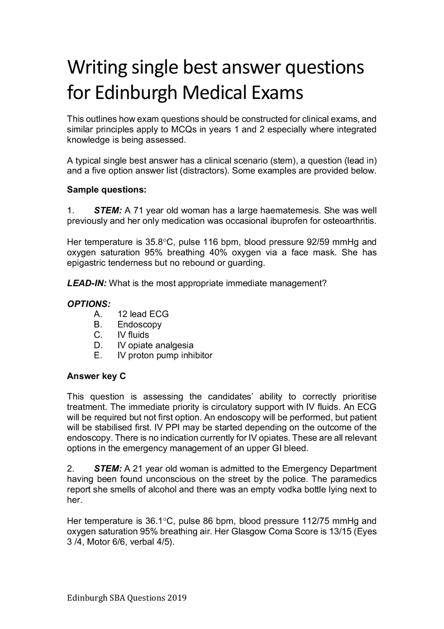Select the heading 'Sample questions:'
click(106, 190)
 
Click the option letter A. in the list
click(98, 314)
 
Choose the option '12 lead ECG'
click(143, 314)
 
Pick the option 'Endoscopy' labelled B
click(139, 324)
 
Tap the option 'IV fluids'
click(133, 335)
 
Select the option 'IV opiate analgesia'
click(155, 345)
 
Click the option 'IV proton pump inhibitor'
click(165, 355)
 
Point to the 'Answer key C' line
click(96, 376)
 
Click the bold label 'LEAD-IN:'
click(87, 283)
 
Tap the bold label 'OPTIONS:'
click(89, 304)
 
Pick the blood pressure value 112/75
click(314, 521)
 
